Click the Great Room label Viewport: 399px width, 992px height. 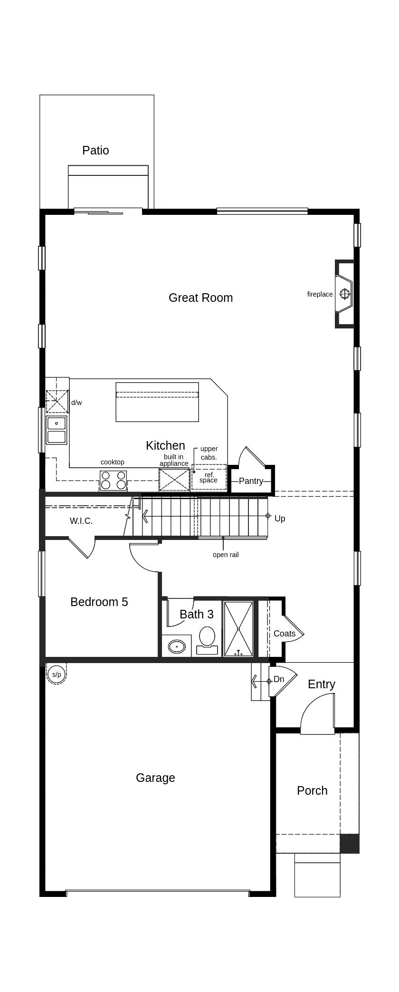(x=200, y=298)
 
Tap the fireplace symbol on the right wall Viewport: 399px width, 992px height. (x=345, y=294)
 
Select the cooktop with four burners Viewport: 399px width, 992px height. (x=114, y=480)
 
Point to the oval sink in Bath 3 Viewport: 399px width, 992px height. (x=177, y=646)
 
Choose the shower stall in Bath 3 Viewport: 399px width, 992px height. (x=238, y=629)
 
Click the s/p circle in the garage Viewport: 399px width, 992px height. (x=57, y=674)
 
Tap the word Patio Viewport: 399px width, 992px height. (x=95, y=151)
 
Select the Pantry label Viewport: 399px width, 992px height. (x=251, y=481)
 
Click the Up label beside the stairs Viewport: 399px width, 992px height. (x=280, y=519)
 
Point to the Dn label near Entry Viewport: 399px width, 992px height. (x=279, y=679)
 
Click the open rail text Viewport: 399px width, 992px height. (x=226, y=555)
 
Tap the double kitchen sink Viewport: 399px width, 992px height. (x=57, y=430)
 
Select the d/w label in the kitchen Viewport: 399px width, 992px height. (x=76, y=403)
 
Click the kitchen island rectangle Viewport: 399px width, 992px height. (x=157, y=402)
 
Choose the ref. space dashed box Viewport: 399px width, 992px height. (x=209, y=478)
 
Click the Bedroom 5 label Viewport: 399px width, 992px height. (x=99, y=602)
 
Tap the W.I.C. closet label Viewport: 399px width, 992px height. (x=81, y=521)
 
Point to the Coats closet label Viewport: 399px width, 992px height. (x=285, y=634)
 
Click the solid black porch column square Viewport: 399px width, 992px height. (x=350, y=843)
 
